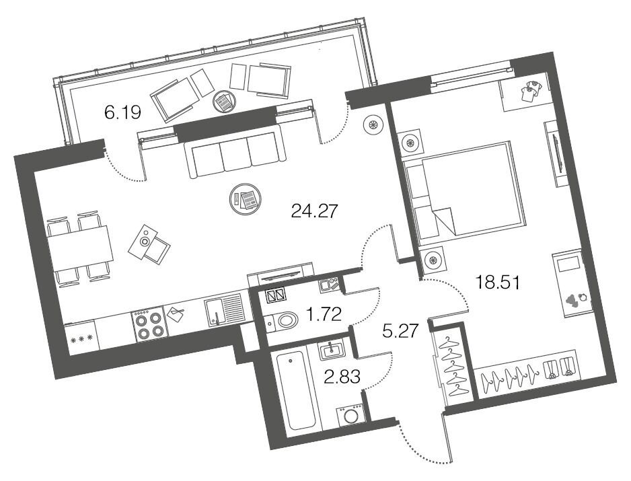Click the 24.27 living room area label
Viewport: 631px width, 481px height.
tap(313, 211)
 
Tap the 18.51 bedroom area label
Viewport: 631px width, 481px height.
tap(498, 282)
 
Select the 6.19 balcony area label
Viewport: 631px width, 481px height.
tap(122, 112)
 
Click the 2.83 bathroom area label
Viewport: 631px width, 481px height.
tap(342, 377)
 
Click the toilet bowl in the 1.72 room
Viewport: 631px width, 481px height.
tap(283, 321)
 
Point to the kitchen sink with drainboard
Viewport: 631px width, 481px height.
tap(224, 310)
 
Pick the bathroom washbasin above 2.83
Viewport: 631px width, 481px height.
tap(332, 350)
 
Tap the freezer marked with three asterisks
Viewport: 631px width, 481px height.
tap(81, 338)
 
